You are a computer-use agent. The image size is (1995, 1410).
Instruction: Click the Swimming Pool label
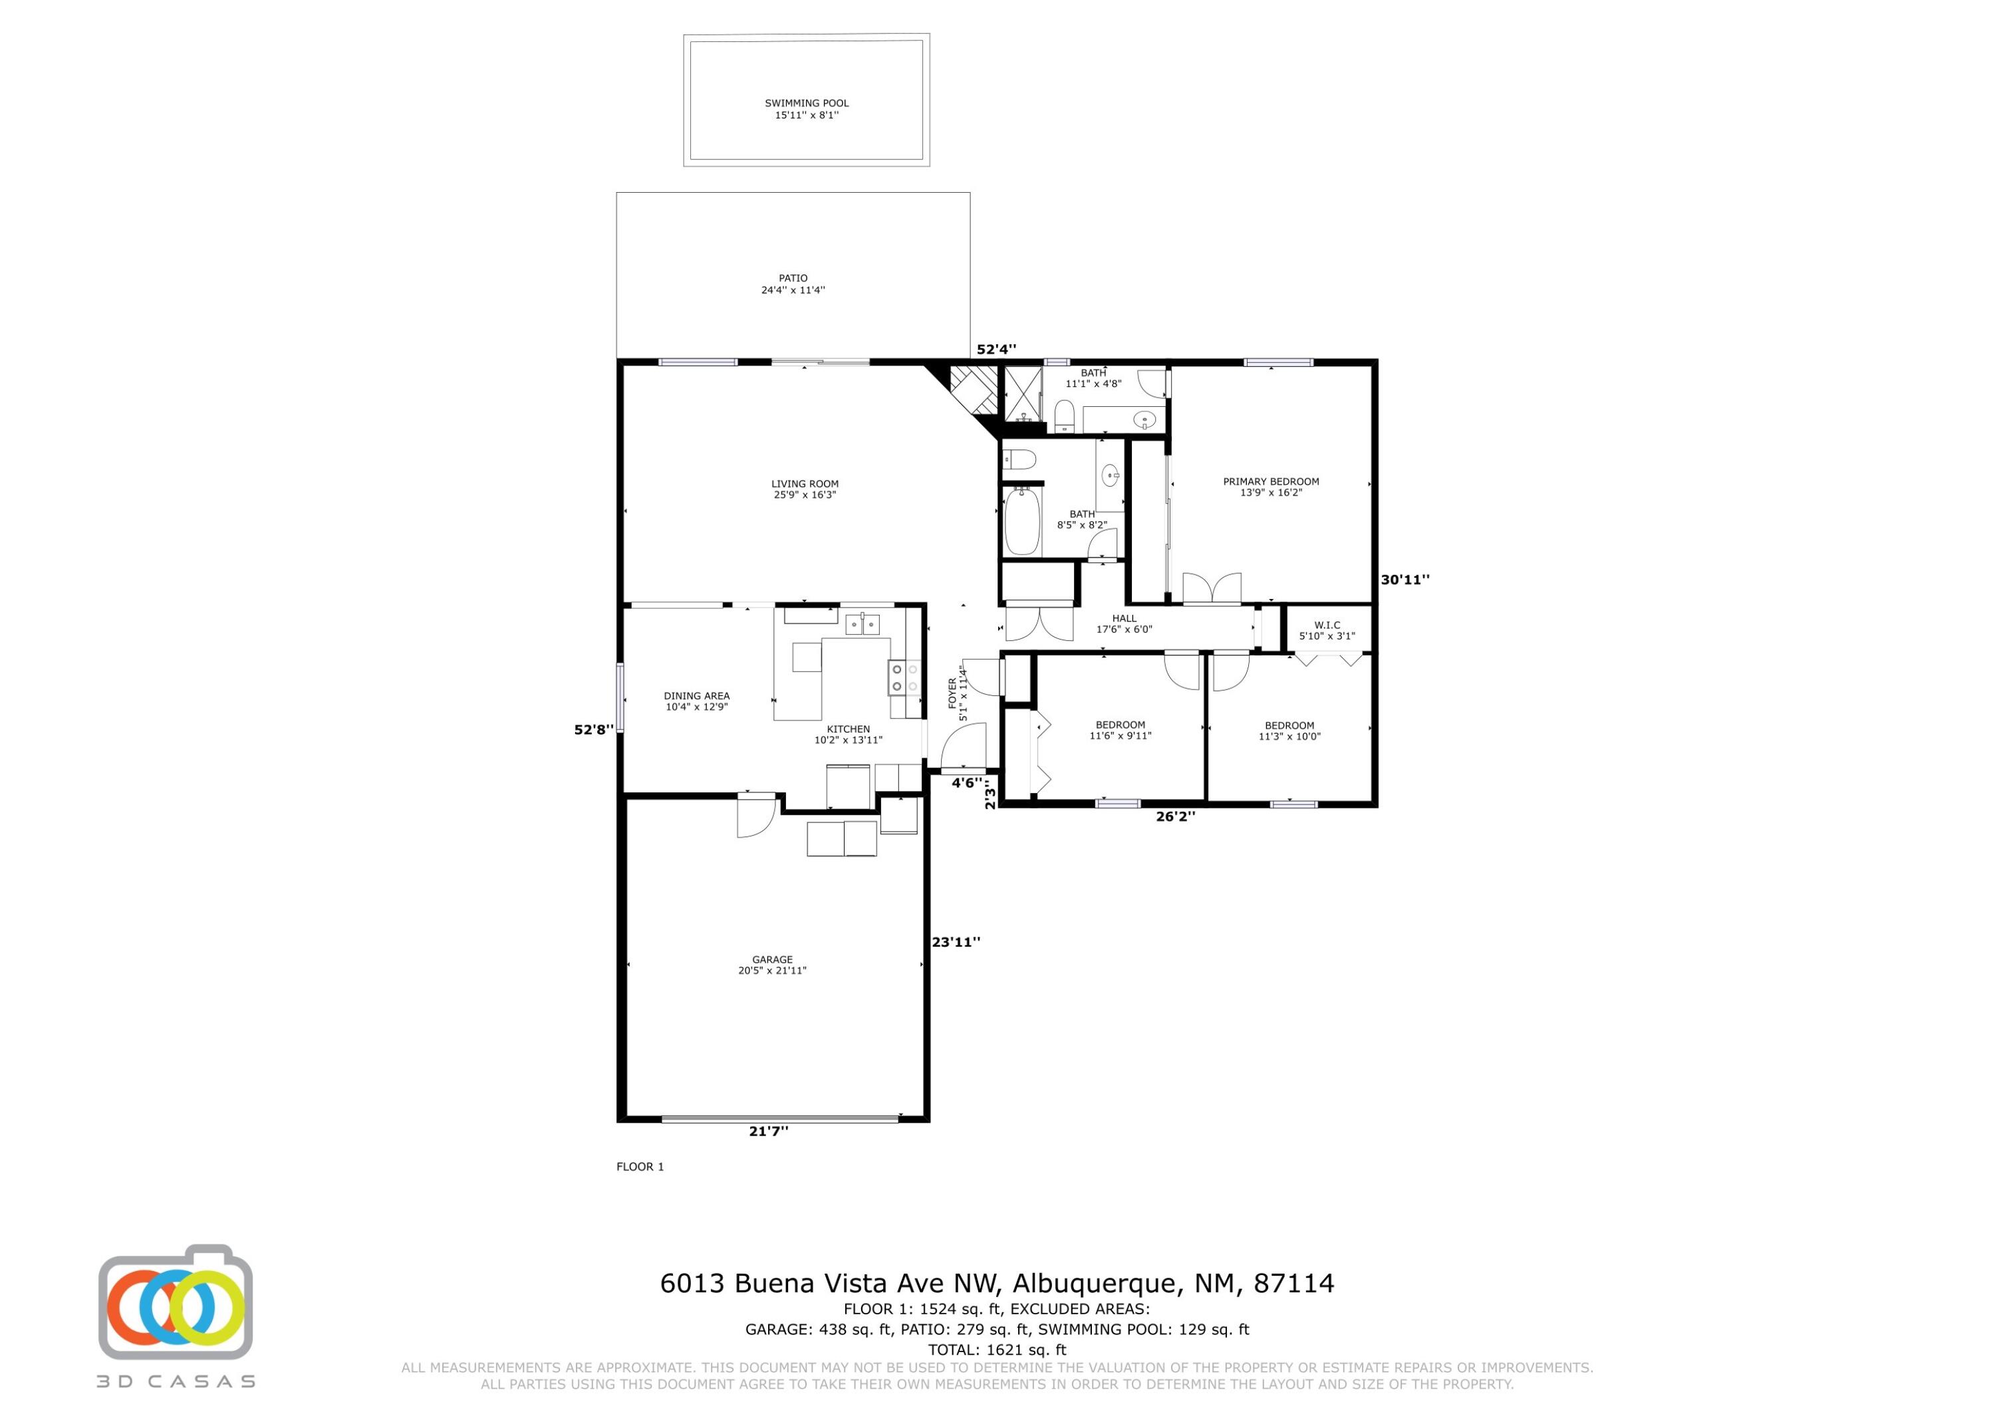pyautogui.click(x=807, y=108)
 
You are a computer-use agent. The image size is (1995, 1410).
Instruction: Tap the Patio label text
pyautogui.click(x=793, y=284)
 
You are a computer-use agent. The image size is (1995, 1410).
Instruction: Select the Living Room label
pyautogui.click(x=805, y=489)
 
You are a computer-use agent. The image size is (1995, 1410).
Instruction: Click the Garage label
pyautogui.click(x=773, y=965)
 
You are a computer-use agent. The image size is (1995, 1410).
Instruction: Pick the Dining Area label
pyautogui.click(x=697, y=701)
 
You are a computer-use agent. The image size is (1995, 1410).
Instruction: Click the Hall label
pyautogui.click(x=1125, y=624)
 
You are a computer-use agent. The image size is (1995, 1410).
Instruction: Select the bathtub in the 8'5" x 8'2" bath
pyautogui.click(x=1023, y=521)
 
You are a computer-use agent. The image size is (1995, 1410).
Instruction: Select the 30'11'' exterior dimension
pyautogui.click(x=1405, y=580)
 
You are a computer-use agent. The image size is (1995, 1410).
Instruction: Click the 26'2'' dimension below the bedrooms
pyautogui.click(x=1176, y=816)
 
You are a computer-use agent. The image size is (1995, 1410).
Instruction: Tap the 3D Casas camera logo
pyautogui.click(x=176, y=1302)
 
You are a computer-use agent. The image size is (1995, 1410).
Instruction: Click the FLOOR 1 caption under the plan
pyautogui.click(x=640, y=1167)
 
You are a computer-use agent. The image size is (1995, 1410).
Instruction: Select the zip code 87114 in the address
pyautogui.click(x=1294, y=1283)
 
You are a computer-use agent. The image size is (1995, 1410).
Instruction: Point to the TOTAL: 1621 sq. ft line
pyautogui.click(x=997, y=1350)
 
